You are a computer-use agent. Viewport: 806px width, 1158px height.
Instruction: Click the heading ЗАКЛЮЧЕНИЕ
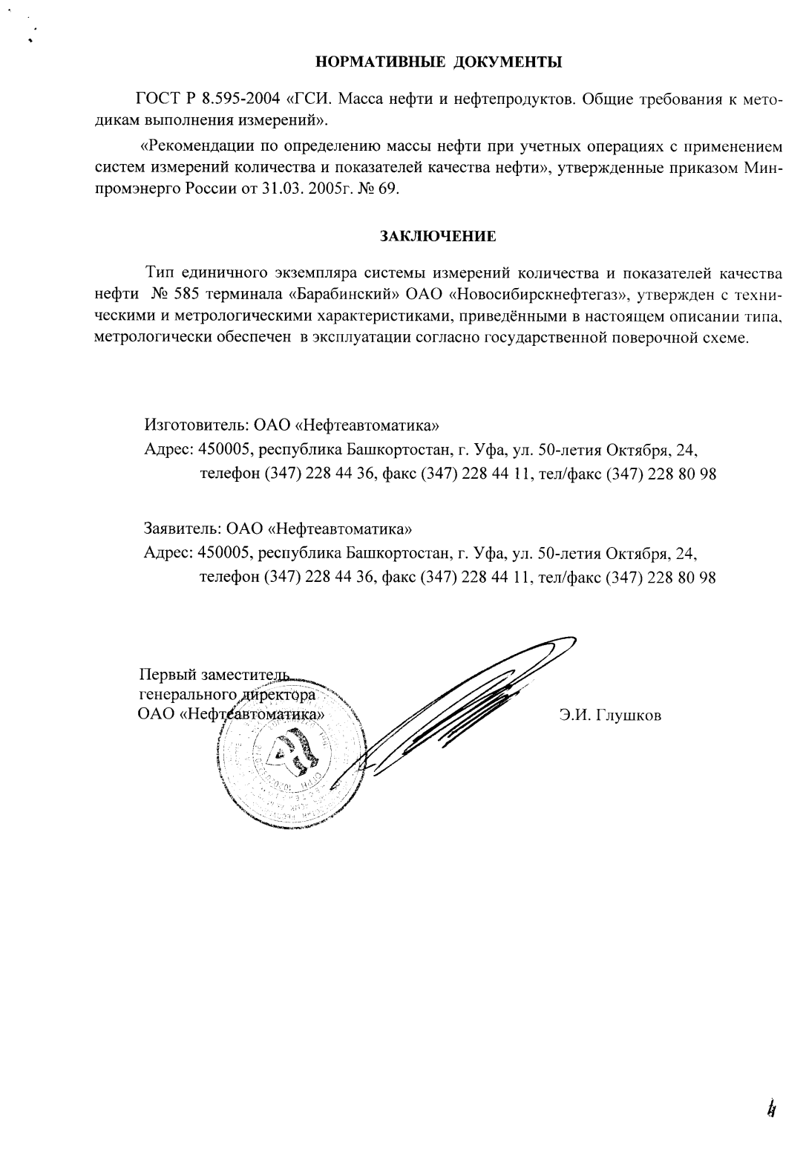[438, 237]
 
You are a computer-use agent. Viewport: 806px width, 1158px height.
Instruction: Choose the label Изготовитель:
[195, 426]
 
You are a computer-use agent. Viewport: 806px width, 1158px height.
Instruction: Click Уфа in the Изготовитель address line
[491, 450]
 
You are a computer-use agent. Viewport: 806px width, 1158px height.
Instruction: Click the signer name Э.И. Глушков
[610, 716]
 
